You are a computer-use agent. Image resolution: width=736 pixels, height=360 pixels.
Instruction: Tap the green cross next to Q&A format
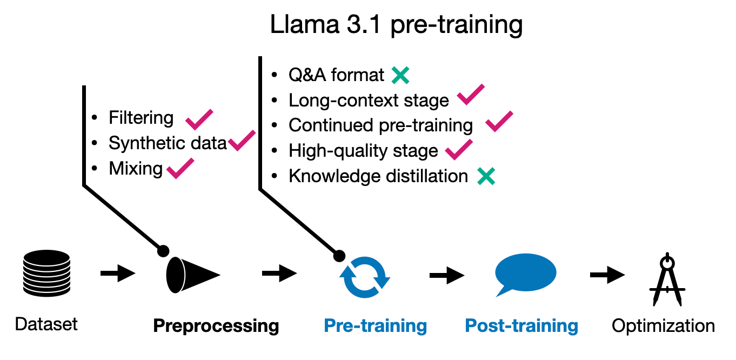click(400, 75)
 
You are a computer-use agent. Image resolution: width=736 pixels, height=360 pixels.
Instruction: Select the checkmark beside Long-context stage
click(470, 96)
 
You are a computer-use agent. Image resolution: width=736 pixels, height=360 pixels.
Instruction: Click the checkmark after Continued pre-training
click(499, 121)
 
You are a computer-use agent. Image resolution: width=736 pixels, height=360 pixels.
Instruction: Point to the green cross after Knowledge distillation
click(486, 176)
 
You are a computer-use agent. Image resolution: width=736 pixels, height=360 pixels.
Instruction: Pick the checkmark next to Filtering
click(199, 118)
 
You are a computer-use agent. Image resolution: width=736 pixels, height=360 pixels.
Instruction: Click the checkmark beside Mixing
click(180, 170)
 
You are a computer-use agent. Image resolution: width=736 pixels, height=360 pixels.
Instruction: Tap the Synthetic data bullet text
click(168, 143)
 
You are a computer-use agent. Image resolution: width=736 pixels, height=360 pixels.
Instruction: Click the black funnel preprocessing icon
click(192, 275)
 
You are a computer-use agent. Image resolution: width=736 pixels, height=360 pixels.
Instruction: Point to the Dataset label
click(46, 324)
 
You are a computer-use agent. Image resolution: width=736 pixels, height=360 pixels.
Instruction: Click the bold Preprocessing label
click(216, 326)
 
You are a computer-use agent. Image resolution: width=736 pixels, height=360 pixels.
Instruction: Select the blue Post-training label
click(521, 326)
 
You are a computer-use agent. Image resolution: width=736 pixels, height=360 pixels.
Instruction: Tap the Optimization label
click(663, 326)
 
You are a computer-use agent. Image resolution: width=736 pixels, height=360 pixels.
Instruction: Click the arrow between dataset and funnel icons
click(118, 274)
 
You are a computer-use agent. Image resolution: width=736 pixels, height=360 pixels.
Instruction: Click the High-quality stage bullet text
click(363, 151)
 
